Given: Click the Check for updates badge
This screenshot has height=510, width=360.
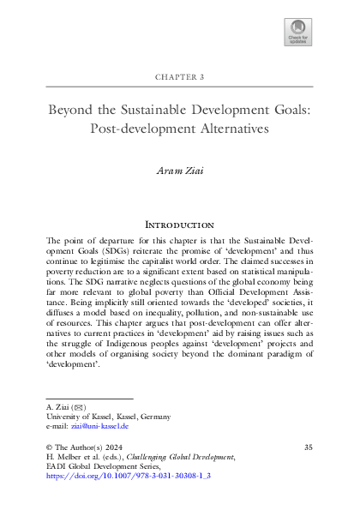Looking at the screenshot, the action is click(297, 32).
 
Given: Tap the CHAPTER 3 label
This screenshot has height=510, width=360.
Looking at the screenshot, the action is click(180, 76).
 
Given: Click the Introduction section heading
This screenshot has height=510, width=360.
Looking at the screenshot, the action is click(180, 224).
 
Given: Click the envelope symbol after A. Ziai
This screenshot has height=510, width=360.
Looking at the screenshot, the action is click(78, 407).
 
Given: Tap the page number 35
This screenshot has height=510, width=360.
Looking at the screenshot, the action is click(309, 447).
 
